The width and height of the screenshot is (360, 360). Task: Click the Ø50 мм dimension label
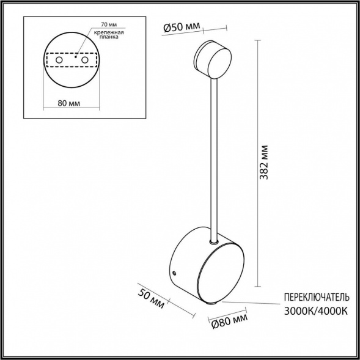pyautogui.click(x=183, y=27)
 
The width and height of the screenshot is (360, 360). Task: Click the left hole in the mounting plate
pyautogui.click(x=59, y=61)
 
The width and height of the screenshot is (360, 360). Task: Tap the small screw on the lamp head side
pyautogui.click(x=174, y=273)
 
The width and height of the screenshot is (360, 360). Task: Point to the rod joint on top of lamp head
pyautogui.click(x=213, y=243)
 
